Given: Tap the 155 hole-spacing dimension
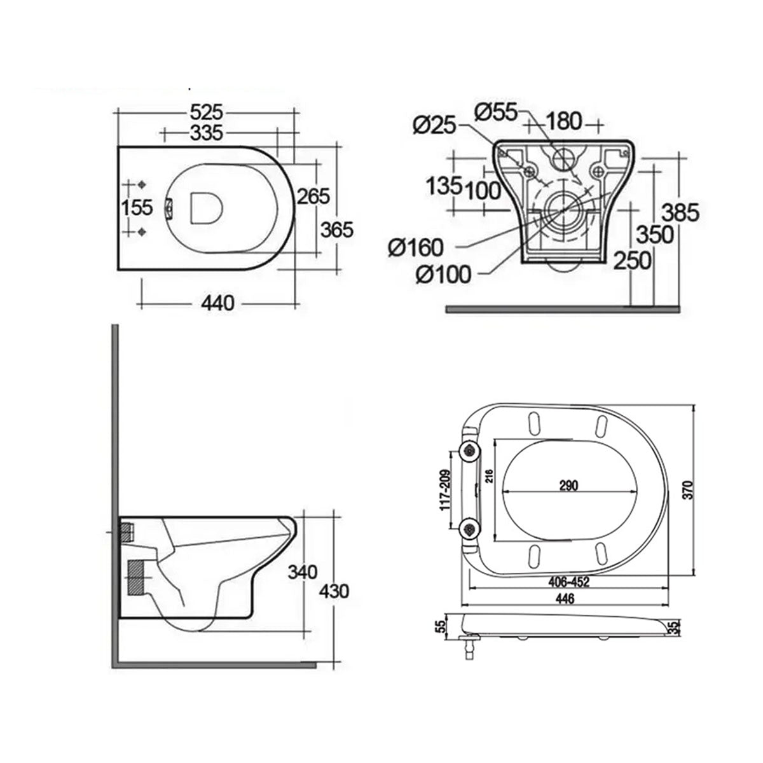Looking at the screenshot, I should (x=137, y=207).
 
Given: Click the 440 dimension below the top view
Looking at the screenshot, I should (x=217, y=303).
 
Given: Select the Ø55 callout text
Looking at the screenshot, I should (x=498, y=112).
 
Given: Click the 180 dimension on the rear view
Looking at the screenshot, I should (x=563, y=120).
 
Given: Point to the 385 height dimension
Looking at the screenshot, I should (x=680, y=212).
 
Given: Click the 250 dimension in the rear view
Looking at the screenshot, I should (x=633, y=260).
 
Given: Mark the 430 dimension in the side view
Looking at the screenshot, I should (x=334, y=591).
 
